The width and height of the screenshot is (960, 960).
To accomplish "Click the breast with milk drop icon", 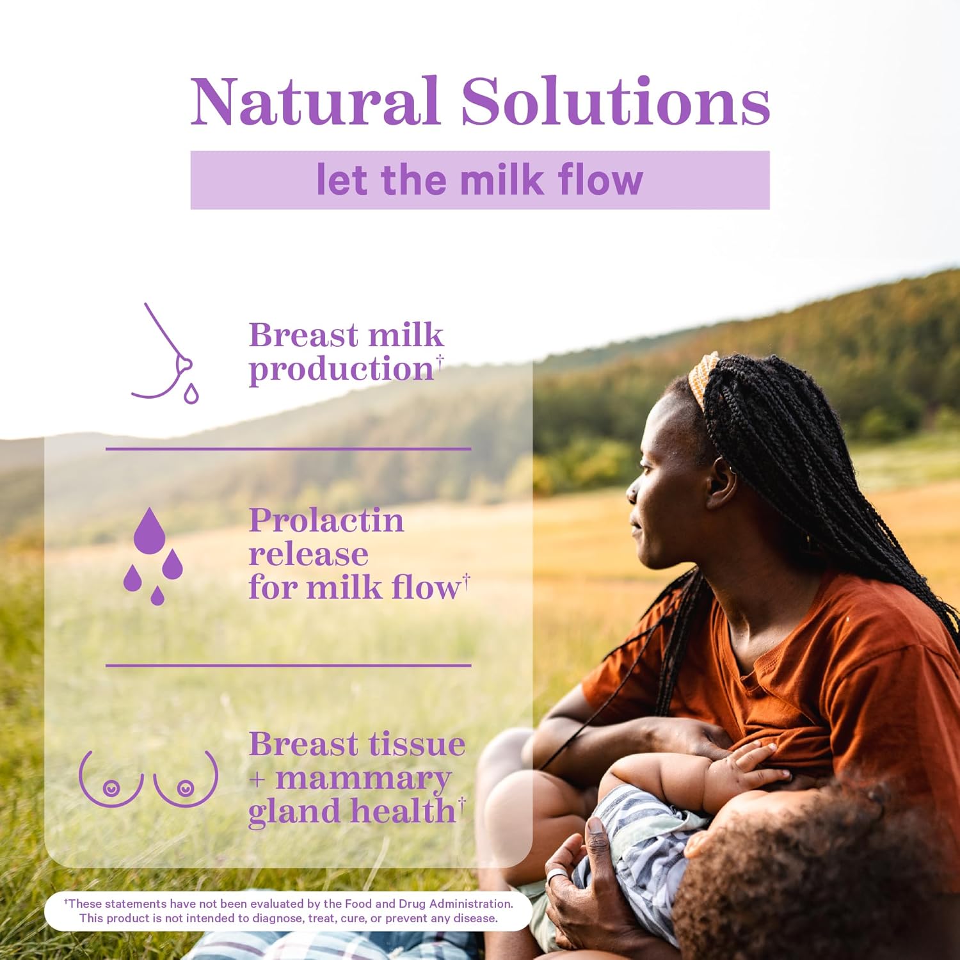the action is pos(165,353).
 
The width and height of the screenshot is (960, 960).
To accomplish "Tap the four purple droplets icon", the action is pos(153,556).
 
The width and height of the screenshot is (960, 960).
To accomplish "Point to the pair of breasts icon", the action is pos(148,778).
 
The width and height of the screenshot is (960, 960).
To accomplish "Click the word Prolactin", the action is pos(326,521).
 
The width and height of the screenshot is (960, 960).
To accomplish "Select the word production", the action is pos(342,369).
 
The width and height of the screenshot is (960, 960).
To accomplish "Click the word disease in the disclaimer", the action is pos(475,918).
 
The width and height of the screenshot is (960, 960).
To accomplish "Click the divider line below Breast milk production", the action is pos(289,449).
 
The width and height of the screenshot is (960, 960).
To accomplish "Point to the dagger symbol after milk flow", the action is pos(467,579).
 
